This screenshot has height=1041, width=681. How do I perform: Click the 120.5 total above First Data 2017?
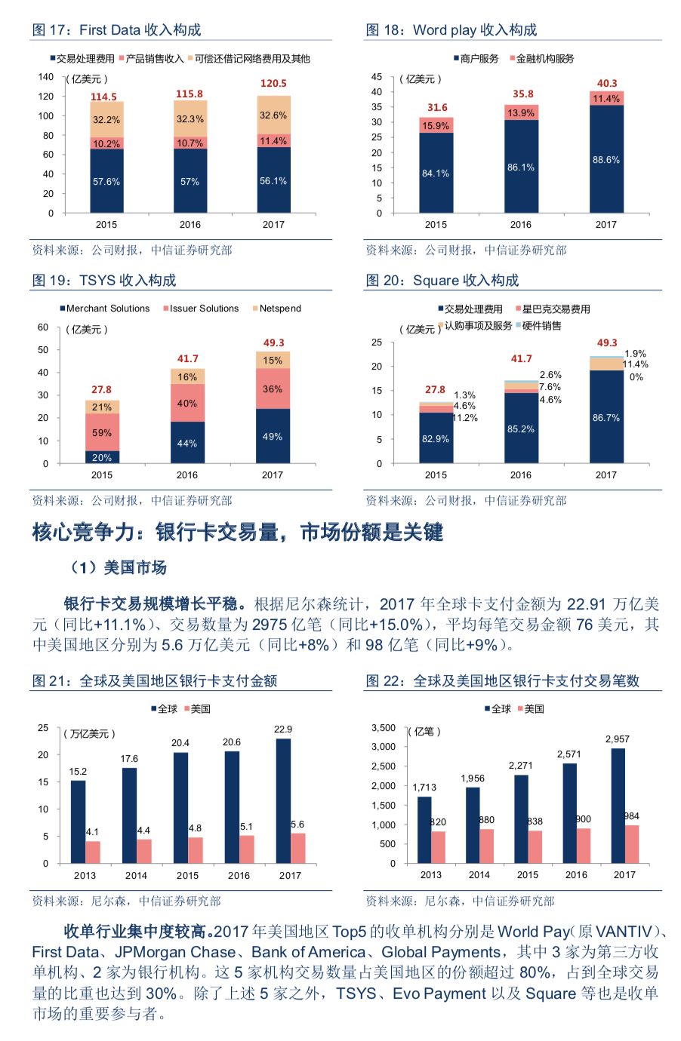coord(273,84)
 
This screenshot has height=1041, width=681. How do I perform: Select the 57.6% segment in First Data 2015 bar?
coord(106,181)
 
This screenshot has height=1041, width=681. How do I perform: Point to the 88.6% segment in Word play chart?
coord(606,160)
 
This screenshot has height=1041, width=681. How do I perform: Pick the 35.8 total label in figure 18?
coord(522,94)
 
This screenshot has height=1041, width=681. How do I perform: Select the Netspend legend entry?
coord(279,309)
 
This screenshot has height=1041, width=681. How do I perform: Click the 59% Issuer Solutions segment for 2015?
coord(102,433)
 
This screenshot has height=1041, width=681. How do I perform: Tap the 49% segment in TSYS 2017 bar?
coord(273,436)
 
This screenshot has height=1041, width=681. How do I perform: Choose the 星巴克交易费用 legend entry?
coord(556,309)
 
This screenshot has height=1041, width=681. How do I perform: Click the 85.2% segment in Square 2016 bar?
coord(521,428)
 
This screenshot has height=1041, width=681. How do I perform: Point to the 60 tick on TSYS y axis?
coord(43,327)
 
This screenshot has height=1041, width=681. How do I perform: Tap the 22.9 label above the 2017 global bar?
coord(283,729)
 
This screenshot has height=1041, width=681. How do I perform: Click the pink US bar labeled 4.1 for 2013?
coord(93,852)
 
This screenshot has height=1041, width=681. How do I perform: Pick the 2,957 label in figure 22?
coord(617,739)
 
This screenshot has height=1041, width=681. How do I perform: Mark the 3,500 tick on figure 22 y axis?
coord(384,728)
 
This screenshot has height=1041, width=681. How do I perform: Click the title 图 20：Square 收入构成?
coord(442,281)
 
